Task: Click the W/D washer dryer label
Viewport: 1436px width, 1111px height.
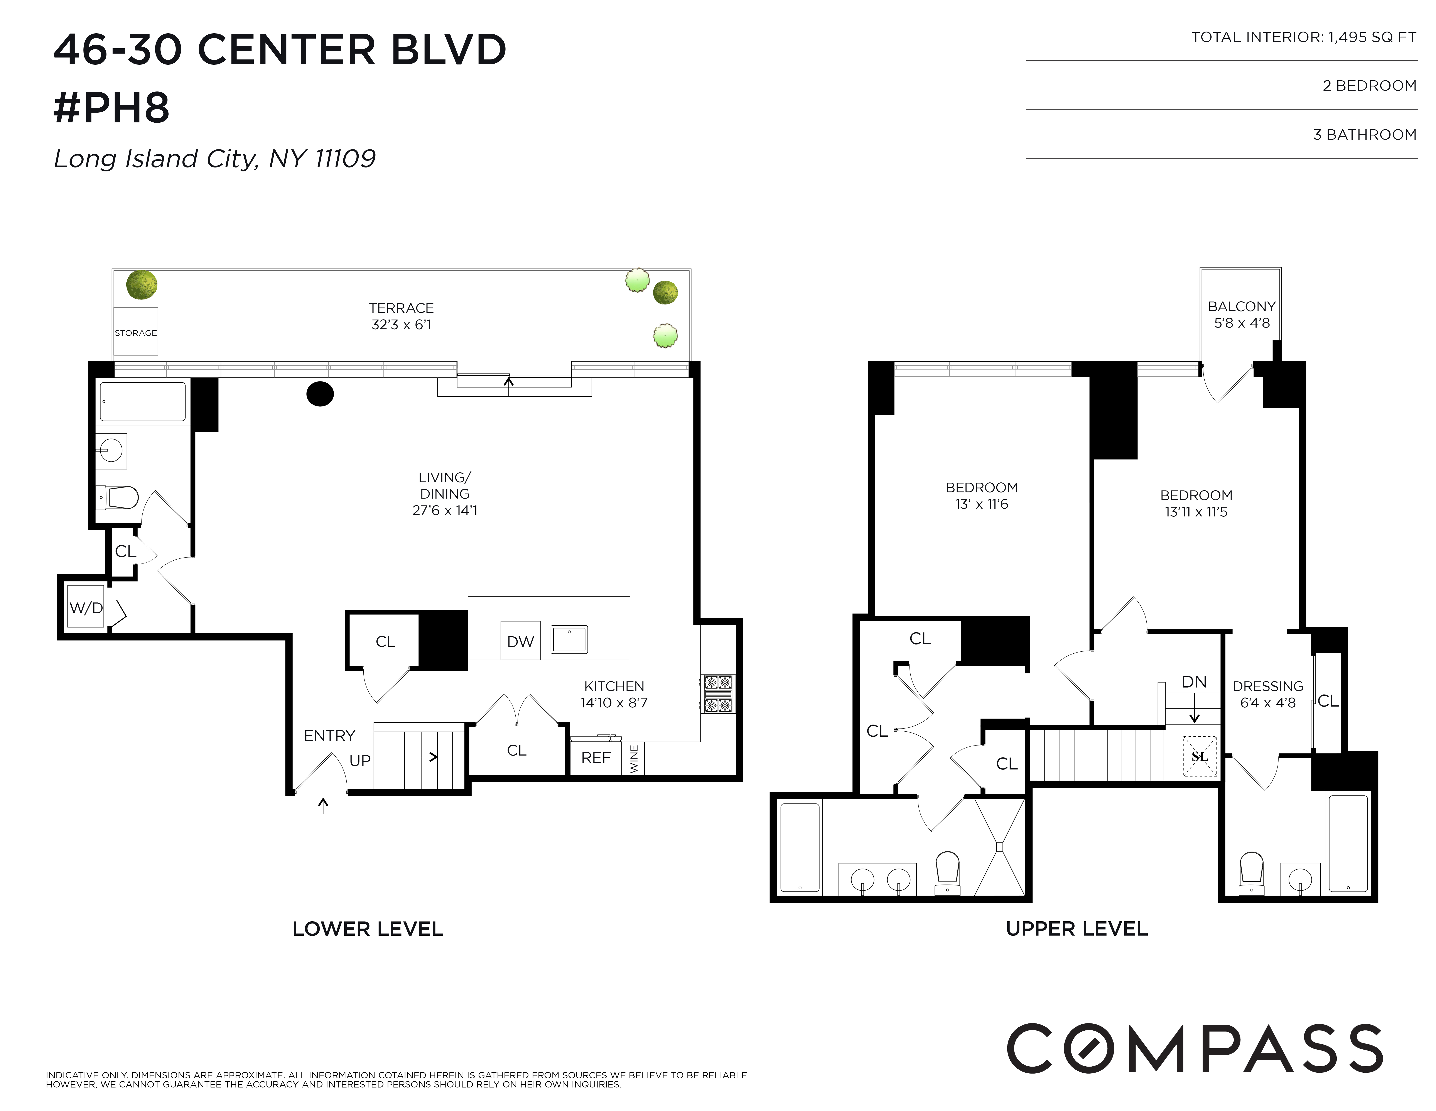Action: pyautogui.click(x=86, y=608)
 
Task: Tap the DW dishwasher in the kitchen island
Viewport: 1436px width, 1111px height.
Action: pyautogui.click(x=520, y=641)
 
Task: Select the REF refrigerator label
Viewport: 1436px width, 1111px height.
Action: pyautogui.click(x=596, y=758)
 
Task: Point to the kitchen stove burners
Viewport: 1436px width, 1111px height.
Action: pyautogui.click(x=718, y=694)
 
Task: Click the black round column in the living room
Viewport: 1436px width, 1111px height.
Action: pyautogui.click(x=320, y=394)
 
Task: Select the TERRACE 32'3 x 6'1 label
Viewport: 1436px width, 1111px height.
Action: pyautogui.click(x=401, y=316)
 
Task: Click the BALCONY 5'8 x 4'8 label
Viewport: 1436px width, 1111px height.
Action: pyautogui.click(x=1241, y=315)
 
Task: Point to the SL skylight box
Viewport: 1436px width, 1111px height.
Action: pyautogui.click(x=1200, y=756)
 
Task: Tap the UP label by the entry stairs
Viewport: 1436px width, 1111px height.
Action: pyautogui.click(x=360, y=760)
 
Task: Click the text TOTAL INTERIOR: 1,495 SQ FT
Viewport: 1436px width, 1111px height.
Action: pyautogui.click(x=1303, y=37)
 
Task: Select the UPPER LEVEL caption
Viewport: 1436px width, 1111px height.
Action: pyautogui.click(x=1076, y=929)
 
